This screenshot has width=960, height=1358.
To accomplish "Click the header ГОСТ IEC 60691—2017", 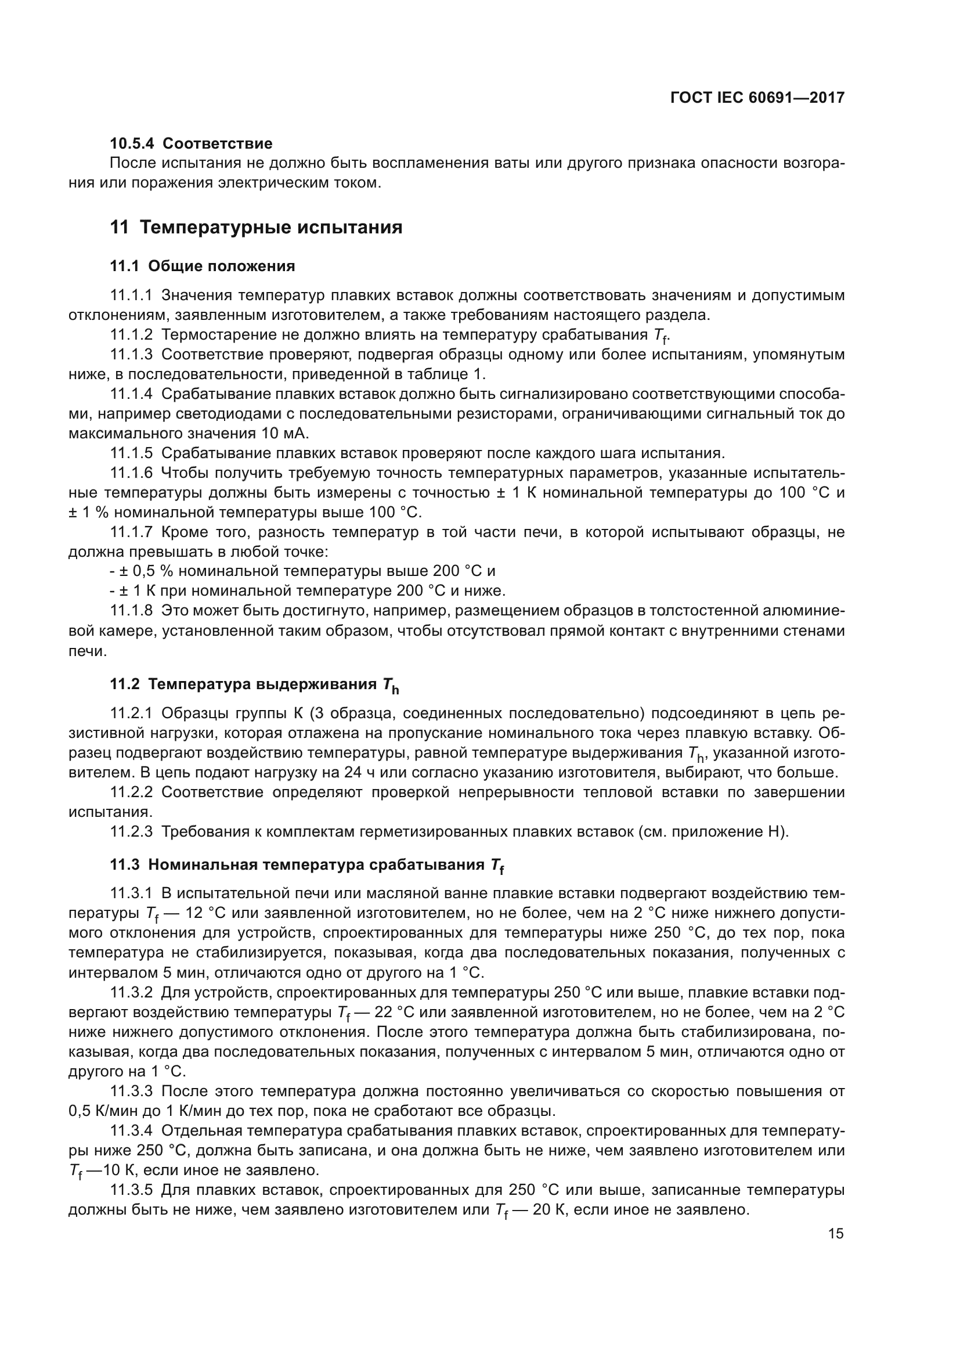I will (757, 98).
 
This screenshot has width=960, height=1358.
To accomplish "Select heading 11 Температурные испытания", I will (256, 227).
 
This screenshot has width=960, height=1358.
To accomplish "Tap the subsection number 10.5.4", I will (133, 143).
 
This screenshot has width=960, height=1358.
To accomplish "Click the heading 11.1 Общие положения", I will (202, 266).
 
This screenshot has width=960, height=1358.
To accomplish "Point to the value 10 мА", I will (284, 433).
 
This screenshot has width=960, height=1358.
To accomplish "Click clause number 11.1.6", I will (131, 473).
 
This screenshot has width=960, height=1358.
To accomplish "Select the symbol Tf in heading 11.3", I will (497, 866).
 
